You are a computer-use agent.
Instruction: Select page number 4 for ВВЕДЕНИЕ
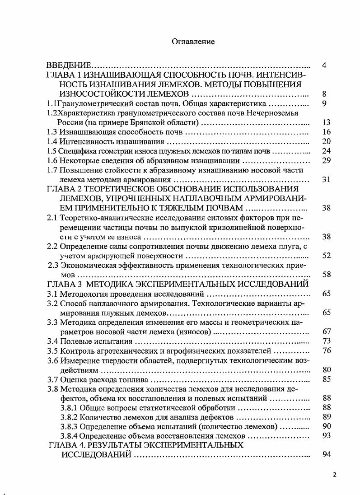(324, 65)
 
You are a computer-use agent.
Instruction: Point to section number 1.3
(52, 132)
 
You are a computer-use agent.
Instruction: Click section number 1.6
(52, 160)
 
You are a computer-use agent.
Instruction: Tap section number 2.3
(54, 265)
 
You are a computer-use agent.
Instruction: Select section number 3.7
(52, 379)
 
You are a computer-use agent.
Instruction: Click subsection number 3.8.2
(69, 417)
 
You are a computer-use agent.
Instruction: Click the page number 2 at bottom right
(335, 475)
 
